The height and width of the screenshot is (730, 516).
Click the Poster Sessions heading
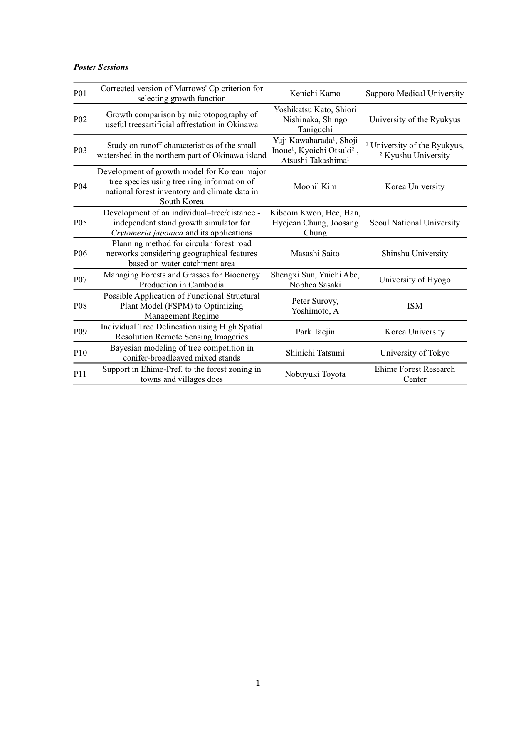point(101,67)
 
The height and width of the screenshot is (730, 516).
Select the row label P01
point(80,94)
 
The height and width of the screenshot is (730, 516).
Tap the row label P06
point(80,254)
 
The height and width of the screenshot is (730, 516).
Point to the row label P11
point(80,374)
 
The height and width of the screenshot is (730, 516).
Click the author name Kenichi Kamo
point(315,94)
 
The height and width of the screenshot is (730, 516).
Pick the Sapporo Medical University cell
point(415,94)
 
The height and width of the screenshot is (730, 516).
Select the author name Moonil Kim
point(315,187)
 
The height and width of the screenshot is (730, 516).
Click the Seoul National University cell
point(415,223)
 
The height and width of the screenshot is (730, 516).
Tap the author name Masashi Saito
point(315,254)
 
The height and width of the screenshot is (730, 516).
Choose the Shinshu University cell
point(415,254)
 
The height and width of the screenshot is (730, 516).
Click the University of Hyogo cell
point(415,280)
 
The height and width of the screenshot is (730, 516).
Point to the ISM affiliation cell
point(415,306)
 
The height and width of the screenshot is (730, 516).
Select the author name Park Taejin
point(315,332)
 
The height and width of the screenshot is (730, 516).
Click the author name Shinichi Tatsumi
point(315,353)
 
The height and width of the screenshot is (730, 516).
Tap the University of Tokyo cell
point(415,353)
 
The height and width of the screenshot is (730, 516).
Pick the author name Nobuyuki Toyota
point(315,374)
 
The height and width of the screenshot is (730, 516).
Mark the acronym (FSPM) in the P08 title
point(180,306)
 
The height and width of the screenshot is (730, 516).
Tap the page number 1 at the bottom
point(258,683)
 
